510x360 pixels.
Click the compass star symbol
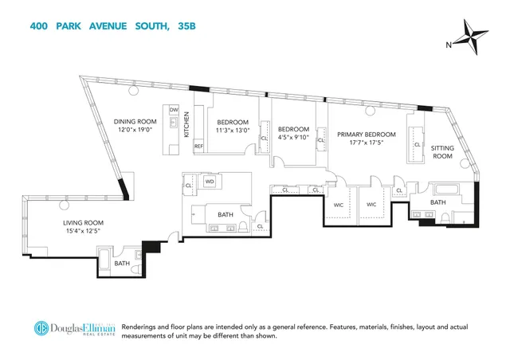[477, 40]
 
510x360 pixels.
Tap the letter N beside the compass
[449, 45]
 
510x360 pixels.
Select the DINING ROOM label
[135, 121]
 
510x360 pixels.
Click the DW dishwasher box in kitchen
[174, 109]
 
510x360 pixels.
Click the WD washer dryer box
[210, 182]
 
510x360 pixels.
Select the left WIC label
[338, 204]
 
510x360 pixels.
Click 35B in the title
[188, 27]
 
